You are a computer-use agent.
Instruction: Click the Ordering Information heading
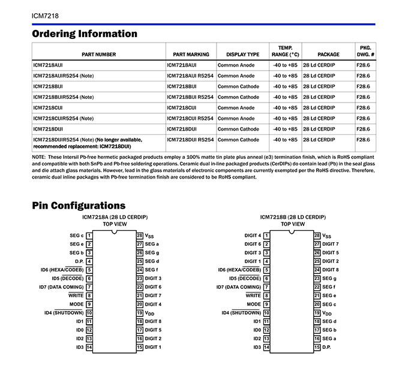[x=85, y=34]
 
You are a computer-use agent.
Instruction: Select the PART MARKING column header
[x=191, y=55]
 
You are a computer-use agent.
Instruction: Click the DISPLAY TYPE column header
[x=242, y=55]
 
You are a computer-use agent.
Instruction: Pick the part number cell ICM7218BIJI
[x=49, y=86]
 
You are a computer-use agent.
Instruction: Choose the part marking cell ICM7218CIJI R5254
[x=190, y=118]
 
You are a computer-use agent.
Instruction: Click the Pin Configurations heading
[x=79, y=206]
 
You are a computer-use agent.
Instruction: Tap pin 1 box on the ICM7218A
[x=89, y=236]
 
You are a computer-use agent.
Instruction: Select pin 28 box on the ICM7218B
[x=317, y=236]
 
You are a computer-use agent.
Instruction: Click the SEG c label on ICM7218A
[x=77, y=236]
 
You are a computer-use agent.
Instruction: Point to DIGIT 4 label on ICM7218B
[x=253, y=236]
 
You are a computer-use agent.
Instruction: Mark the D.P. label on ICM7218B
[x=326, y=347]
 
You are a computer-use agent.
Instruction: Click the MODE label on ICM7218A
[x=76, y=304]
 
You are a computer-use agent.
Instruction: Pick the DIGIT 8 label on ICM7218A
[x=153, y=321]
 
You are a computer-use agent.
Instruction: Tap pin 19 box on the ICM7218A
[x=140, y=313]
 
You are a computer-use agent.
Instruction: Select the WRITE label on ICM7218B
[x=253, y=295]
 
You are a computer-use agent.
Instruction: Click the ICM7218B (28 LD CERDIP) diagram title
[x=293, y=216]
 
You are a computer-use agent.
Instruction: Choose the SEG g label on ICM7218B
[x=329, y=278]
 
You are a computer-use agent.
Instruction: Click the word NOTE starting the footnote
[x=39, y=157]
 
